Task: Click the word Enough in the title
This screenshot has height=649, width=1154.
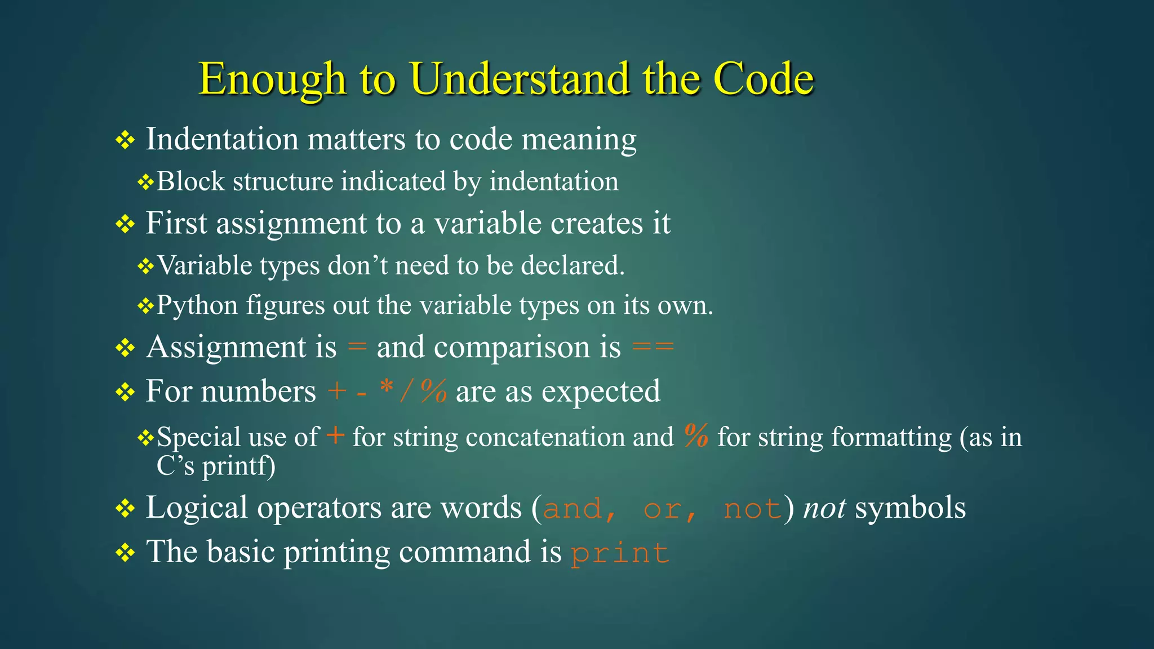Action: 272,79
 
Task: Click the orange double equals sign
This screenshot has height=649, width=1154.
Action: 653,346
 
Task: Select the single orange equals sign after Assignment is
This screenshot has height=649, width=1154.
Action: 357,346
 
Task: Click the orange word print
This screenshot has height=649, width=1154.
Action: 620,553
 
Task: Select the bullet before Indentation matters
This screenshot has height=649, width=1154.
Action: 125,140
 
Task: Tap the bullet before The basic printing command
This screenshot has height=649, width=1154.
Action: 125,553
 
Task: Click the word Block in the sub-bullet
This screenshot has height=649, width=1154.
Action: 190,182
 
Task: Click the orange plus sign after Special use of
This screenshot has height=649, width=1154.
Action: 335,435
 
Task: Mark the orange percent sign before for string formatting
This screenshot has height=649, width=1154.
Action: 696,435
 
